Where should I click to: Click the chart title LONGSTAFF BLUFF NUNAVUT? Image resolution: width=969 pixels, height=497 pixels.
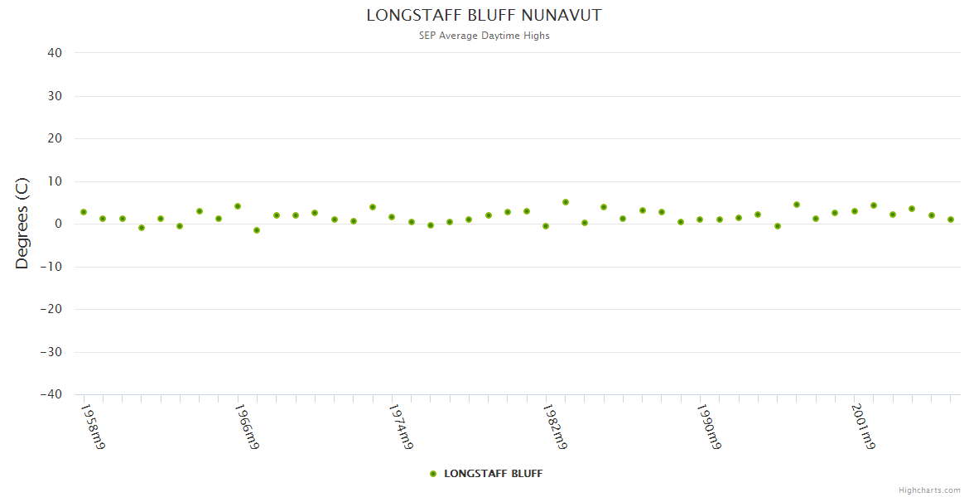(x=484, y=16)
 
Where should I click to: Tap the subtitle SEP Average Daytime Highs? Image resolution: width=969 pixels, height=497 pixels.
(x=484, y=36)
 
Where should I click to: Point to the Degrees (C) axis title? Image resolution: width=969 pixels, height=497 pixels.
(x=22, y=223)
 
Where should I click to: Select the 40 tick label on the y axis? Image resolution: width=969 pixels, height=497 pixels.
(x=55, y=53)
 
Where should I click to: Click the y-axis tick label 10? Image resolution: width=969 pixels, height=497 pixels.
(x=55, y=181)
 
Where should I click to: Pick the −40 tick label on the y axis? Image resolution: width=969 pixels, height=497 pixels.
(x=51, y=395)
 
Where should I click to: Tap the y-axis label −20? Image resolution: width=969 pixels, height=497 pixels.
(x=51, y=310)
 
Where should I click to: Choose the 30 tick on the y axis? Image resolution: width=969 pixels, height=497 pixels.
(x=55, y=96)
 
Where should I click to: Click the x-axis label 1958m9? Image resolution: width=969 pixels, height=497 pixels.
(x=92, y=427)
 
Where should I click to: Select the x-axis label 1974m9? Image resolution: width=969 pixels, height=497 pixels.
(x=400, y=427)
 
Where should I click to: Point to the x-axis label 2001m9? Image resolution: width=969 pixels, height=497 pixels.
(x=863, y=427)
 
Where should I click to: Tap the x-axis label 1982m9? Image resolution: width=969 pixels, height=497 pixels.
(x=554, y=427)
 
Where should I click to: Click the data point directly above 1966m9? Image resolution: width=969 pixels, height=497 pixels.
(x=238, y=206)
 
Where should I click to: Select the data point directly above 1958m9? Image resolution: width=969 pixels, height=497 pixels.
(x=84, y=212)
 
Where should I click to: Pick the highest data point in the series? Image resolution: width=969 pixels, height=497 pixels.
(x=566, y=202)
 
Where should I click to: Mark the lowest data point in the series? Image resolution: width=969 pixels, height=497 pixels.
(x=257, y=230)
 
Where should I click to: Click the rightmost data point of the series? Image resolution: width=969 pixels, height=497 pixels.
(x=951, y=220)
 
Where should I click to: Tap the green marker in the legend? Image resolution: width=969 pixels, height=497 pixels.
(x=433, y=474)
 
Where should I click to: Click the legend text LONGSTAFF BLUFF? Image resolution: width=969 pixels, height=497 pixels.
(x=493, y=474)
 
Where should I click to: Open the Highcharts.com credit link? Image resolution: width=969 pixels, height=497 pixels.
(x=929, y=490)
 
